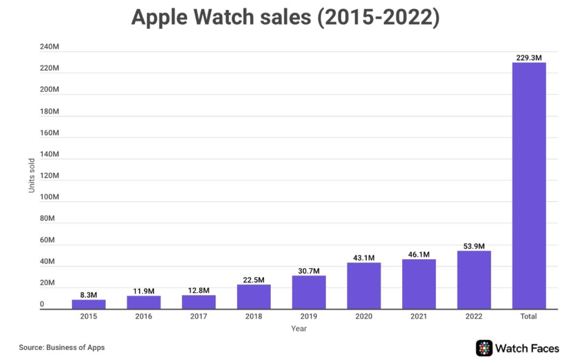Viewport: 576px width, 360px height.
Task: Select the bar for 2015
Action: pos(89,304)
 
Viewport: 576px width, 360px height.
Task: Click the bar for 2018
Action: pos(254,297)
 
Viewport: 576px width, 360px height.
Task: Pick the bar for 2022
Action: pos(474,280)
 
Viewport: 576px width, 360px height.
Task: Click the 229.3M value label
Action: pos(529,58)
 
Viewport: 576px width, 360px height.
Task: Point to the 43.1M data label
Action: pos(364,258)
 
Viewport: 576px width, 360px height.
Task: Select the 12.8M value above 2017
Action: pos(199,290)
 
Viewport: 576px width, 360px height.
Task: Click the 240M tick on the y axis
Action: pos(49,47)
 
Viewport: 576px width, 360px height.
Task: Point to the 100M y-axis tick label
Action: pos(49,197)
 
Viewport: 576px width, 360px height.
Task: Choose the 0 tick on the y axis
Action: pos(42,305)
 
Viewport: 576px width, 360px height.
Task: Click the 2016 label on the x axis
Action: pos(143,316)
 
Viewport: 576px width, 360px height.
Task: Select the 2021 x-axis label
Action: pos(419,316)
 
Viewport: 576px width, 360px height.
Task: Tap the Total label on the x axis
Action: pos(529,316)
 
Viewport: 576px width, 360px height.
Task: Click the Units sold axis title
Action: pos(31,175)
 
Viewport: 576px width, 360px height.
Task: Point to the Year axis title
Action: pos(299,329)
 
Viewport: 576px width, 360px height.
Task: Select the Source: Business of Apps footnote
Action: pos(62,347)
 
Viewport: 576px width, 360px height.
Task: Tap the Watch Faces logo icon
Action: pos(484,348)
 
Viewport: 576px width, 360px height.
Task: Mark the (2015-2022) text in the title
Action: pos(378,18)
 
